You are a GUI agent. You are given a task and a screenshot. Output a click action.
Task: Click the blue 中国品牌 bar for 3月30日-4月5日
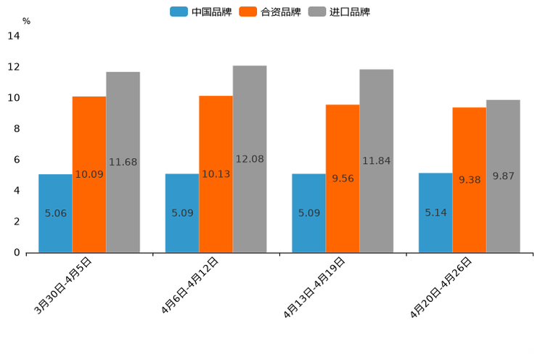coord(55,213)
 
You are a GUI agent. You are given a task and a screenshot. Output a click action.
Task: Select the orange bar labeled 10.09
coord(89,174)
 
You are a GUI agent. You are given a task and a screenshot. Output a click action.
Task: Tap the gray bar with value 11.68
coord(123,162)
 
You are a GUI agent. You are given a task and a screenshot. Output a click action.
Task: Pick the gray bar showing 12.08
coord(250,159)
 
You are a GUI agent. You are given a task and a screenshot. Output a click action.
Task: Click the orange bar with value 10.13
coord(216,174)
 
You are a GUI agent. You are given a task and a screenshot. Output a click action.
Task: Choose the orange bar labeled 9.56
coord(343,179)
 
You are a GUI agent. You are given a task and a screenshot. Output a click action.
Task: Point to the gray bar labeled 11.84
coord(376,161)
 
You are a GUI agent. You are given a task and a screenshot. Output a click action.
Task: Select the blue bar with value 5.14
coord(435,213)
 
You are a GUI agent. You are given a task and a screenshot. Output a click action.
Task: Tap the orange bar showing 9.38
coord(469,180)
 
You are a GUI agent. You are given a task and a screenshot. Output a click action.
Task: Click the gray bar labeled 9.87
coord(503,176)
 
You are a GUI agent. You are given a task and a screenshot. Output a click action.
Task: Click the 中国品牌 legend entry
coord(201,12)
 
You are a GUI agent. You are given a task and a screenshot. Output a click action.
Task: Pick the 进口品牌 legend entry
coord(339,12)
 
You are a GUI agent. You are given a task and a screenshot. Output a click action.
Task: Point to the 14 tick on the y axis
coord(14,36)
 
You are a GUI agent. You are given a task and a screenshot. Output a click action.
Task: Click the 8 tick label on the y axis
coord(17,129)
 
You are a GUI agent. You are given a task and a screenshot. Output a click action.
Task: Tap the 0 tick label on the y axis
coord(17,253)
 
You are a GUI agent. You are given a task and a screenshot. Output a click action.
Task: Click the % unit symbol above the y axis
coord(26,21)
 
